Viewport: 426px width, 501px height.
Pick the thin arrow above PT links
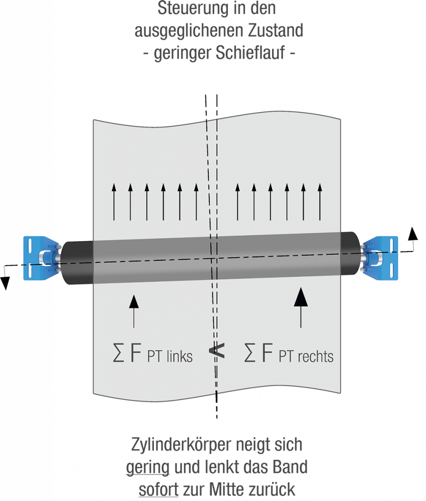(133, 311)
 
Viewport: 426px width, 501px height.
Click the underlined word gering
(148, 467)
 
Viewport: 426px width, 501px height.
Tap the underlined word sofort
(158, 489)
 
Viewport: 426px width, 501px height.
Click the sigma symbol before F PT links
(118, 356)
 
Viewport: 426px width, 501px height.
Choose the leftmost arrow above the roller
(114, 202)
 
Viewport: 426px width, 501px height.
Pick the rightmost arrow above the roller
(320, 202)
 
